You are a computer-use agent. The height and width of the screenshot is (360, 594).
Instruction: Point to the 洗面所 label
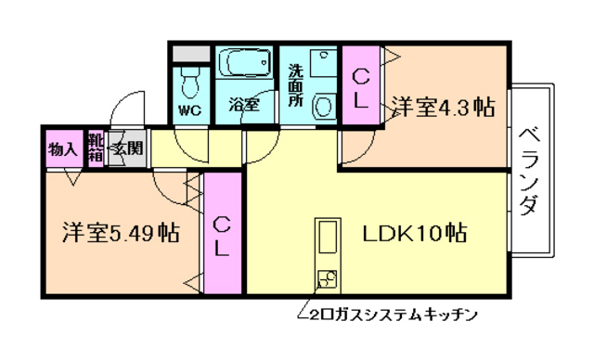[294, 84]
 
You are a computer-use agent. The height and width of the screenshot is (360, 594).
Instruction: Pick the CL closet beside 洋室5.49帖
[221, 235]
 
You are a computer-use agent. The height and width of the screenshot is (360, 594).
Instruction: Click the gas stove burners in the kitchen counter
[328, 276]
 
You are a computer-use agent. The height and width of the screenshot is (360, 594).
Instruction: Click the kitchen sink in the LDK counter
[328, 238]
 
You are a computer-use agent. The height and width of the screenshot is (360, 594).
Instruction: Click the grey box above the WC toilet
[191, 54]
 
